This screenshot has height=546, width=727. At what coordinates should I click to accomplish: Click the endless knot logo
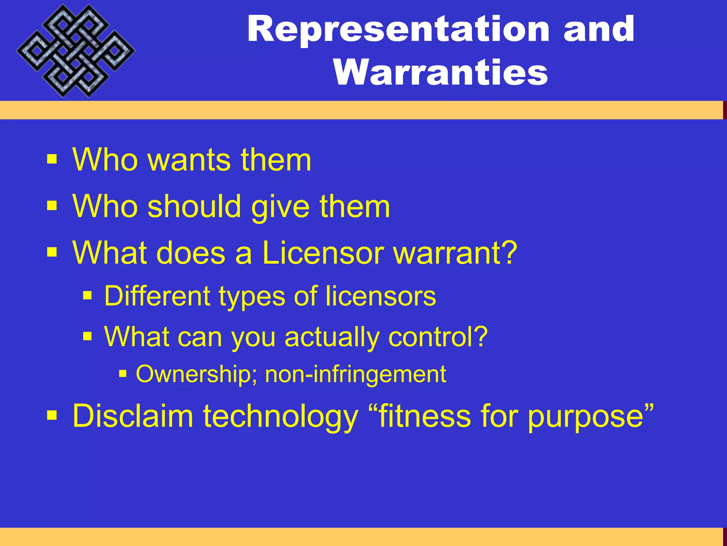(75, 50)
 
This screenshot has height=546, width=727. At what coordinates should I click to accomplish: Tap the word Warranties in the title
(441, 73)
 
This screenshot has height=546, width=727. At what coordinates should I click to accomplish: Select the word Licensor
(323, 253)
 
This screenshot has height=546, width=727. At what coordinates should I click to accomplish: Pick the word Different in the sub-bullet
(158, 296)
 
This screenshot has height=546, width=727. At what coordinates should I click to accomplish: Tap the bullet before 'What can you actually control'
(87, 336)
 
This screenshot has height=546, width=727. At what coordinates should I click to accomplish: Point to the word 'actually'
(332, 337)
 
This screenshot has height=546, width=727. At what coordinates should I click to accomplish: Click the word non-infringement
(355, 374)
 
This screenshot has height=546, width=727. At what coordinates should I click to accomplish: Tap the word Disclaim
(133, 416)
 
